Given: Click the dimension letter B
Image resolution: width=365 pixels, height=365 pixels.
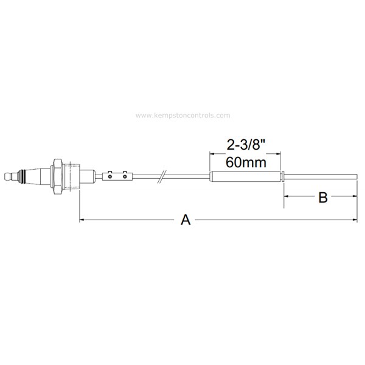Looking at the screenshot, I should (324, 197).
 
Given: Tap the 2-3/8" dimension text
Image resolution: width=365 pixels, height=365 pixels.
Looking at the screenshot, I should (246, 145).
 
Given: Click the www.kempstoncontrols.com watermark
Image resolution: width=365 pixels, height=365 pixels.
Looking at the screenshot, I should (182, 115).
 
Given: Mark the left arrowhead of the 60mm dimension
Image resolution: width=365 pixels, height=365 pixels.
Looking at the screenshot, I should (212, 154).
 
